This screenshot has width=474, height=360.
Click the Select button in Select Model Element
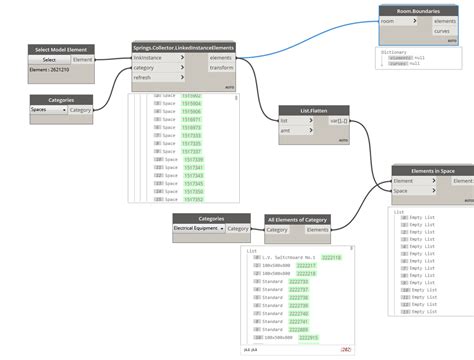(x=49, y=60)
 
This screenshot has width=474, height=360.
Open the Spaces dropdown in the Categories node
(x=48, y=109)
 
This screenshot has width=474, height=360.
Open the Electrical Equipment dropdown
(x=198, y=228)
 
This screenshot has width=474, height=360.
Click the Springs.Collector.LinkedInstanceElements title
(x=183, y=46)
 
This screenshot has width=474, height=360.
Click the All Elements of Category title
(x=298, y=218)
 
